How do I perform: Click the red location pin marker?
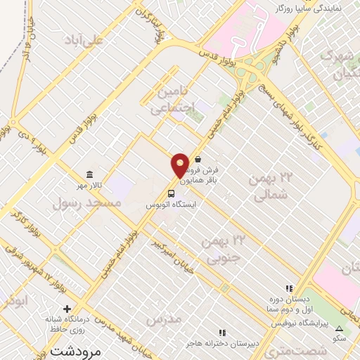click(180, 165)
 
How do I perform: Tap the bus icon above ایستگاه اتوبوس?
click(172, 193)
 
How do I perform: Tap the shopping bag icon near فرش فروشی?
click(199, 160)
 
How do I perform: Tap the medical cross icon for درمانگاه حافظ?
click(67, 309)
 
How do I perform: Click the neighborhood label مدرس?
click(164, 319)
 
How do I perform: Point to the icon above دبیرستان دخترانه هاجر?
click(223, 333)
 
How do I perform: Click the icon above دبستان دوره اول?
click(288, 288)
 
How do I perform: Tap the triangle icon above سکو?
click(340, 328)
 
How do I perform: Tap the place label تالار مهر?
click(90, 185)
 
